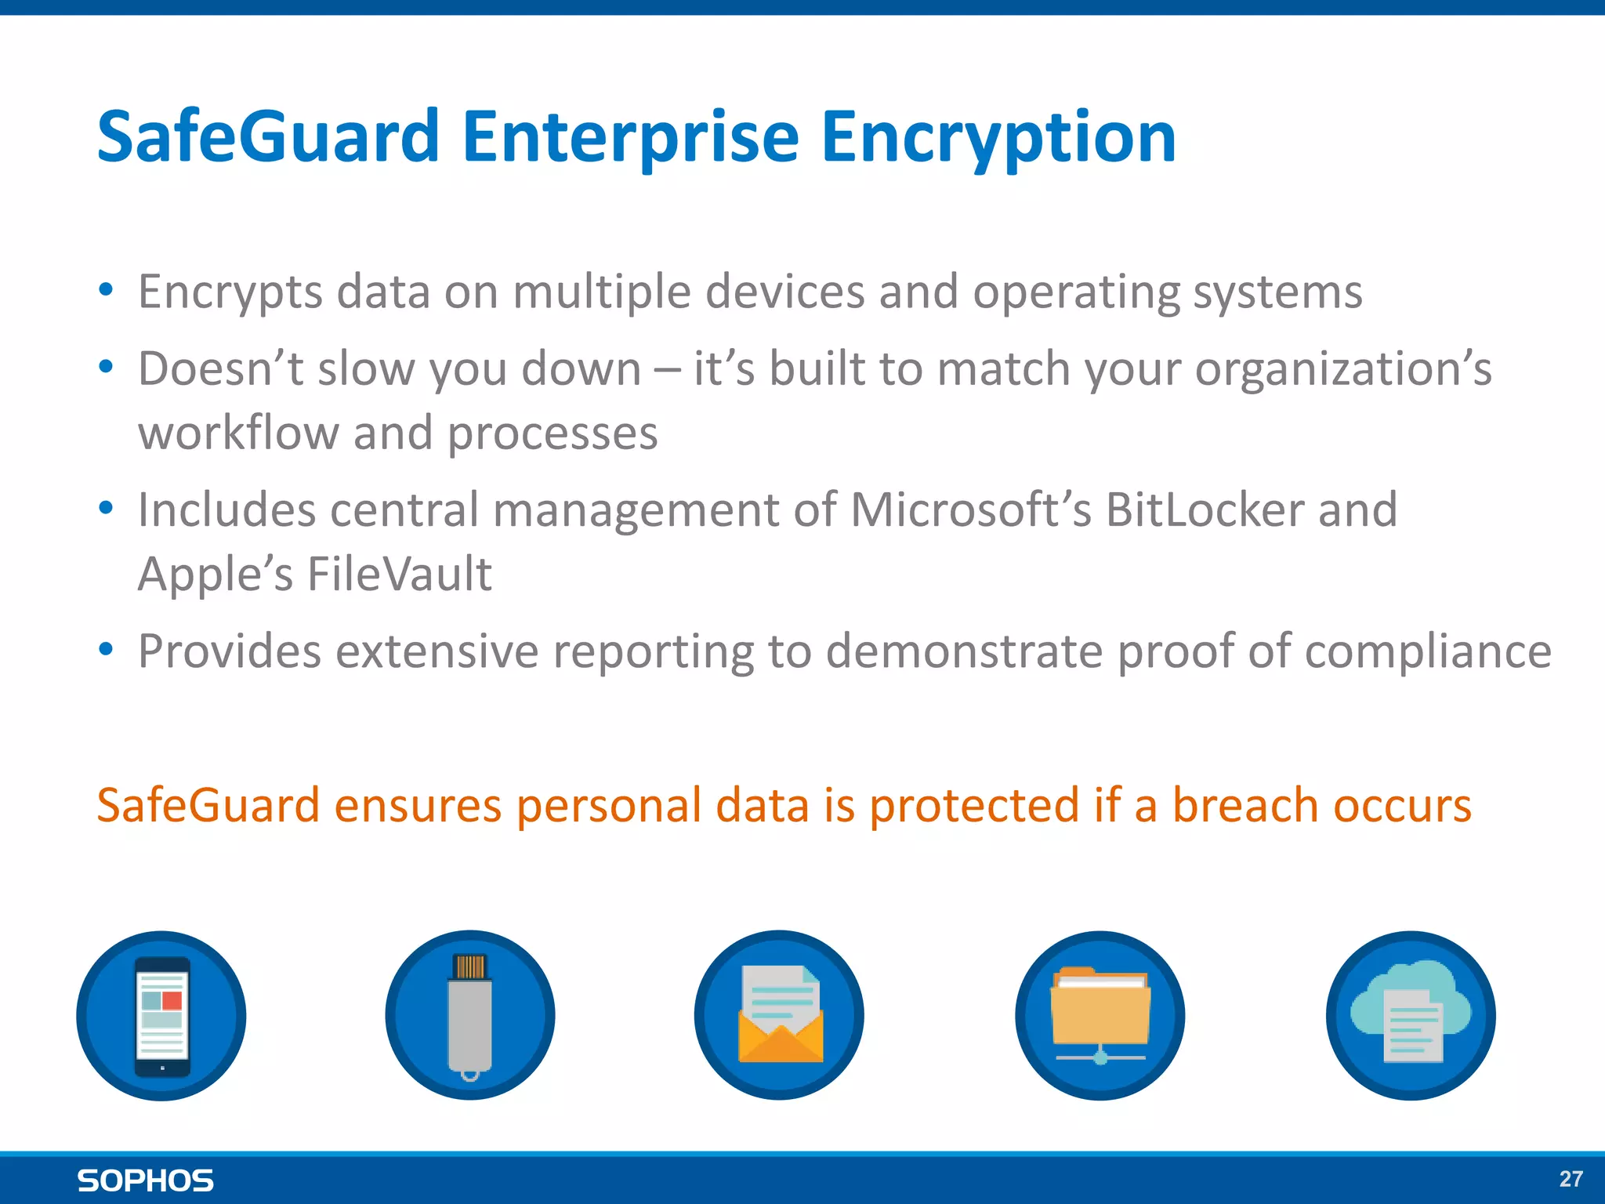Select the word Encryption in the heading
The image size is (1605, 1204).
tap(998, 137)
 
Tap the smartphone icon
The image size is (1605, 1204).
tap(161, 1016)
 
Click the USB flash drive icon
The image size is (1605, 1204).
tap(470, 1016)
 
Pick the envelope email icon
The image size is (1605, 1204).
tap(779, 1016)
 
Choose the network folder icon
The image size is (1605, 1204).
tap(1100, 1016)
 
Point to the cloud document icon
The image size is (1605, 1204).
tap(1411, 1016)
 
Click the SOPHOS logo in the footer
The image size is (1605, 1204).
tap(146, 1180)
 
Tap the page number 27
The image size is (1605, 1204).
tap(1571, 1179)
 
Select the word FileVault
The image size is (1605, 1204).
tap(400, 574)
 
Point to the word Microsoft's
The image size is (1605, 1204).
tap(971, 510)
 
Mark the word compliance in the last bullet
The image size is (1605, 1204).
tap(1427, 651)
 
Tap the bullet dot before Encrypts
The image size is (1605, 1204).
tap(107, 291)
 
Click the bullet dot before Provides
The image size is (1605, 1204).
tap(107, 650)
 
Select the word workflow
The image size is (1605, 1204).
tap(238, 433)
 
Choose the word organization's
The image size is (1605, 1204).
tap(1342, 369)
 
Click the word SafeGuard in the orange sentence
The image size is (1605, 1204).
tap(208, 806)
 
